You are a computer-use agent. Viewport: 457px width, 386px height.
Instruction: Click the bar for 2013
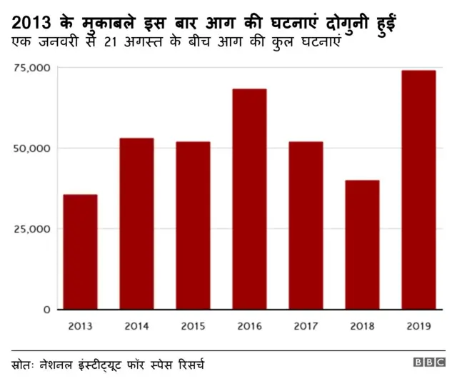pyautogui.click(x=80, y=252)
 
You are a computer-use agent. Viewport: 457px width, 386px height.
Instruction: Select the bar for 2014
pyautogui.click(x=136, y=223)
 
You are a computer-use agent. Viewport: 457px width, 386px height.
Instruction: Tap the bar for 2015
pyautogui.click(x=193, y=225)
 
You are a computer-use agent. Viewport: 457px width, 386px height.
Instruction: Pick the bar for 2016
pyautogui.click(x=249, y=199)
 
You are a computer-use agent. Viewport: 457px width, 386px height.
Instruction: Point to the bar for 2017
pyautogui.click(x=306, y=225)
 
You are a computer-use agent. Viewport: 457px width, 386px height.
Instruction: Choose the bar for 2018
pyautogui.click(x=362, y=245)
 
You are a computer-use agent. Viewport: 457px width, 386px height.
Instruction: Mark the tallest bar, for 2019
pyautogui.click(x=418, y=190)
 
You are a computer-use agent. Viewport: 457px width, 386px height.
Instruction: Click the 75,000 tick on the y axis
pyautogui.click(x=31, y=68)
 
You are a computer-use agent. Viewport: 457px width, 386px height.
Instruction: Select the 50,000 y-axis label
pyautogui.click(x=31, y=148)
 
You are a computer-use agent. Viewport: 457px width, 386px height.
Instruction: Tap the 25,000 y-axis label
pyautogui.click(x=31, y=229)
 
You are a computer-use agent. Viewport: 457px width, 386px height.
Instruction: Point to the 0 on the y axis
pyautogui.click(x=46, y=310)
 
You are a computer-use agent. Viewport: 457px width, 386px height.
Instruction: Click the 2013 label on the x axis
pyautogui.click(x=80, y=327)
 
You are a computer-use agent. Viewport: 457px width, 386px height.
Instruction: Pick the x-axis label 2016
pyautogui.click(x=249, y=327)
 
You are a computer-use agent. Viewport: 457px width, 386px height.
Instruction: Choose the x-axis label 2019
pyautogui.click(x=418, y=327)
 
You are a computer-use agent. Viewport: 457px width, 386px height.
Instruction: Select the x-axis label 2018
pyautogui.click(x=362, y=327)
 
